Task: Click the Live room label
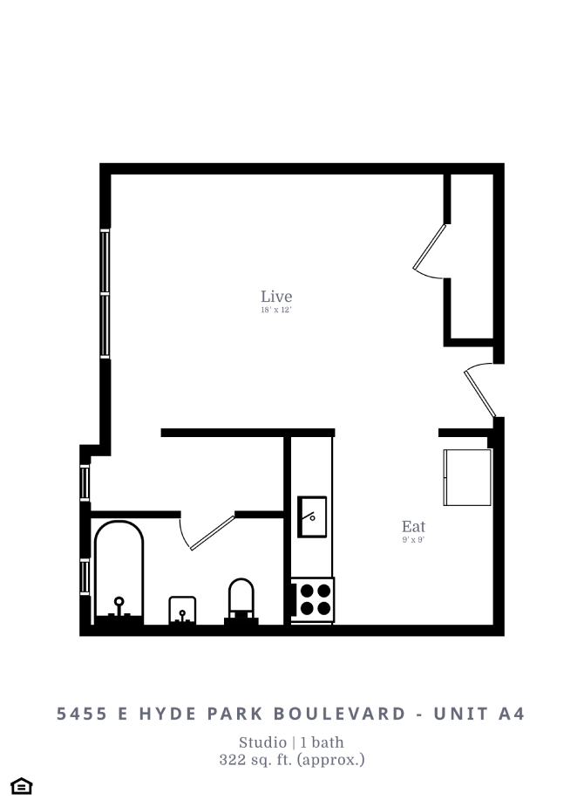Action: (276, 297)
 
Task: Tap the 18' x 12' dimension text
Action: (276, 311)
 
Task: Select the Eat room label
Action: (413, 527)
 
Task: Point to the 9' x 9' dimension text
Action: (413, 540)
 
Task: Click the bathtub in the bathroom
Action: (119, 571)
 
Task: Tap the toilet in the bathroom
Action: (241, 601)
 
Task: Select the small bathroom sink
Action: (181, 609)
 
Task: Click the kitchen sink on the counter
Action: (311, 516)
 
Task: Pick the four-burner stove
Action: (312, 598)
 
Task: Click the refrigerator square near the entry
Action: (468, 477)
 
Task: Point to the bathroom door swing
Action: (209, 532)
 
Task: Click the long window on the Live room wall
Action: (105, 293)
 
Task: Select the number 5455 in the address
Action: (82, 714)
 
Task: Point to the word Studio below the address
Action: (262, 743)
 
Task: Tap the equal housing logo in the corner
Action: (22, 786)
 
